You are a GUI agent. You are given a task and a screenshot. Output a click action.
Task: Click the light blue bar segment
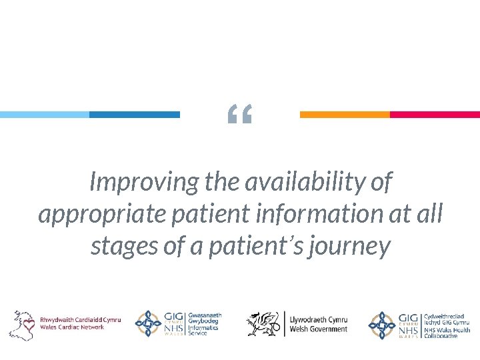[44, 115]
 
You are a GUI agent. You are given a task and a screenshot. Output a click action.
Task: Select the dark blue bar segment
[134, 115]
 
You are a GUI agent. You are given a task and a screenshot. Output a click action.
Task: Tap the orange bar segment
[345, 115]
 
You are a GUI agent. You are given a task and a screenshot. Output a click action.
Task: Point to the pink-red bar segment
[435, 115]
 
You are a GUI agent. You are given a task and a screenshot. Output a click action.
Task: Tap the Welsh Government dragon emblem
[261, 323]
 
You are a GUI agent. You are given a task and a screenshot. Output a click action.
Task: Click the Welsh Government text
[318, 324]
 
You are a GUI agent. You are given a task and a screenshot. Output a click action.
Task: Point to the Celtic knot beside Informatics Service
[148, 324]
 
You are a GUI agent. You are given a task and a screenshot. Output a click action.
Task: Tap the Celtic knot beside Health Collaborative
[382, 324]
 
